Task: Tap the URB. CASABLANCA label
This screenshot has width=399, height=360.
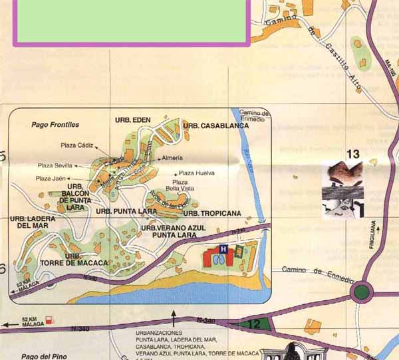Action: click(x=216, y=125)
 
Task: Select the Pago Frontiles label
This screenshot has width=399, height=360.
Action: click(x=55, y=124)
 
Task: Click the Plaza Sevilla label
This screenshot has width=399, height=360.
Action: click(x=55, y=165)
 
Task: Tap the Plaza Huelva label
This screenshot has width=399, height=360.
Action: click(x=197, y=173)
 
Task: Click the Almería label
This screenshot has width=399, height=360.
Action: click(x=172, y=159)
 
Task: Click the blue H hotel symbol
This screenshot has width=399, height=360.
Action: click(x=223, y=249)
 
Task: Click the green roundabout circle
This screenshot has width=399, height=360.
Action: click(x=362, y=291)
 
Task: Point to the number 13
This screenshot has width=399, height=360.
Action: click(x=352, y=154)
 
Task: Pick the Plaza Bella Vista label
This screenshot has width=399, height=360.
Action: click(x=180, y=185)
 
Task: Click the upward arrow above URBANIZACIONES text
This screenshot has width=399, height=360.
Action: click(x=174, y=314)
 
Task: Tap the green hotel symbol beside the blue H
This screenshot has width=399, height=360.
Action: click(x=238, y=250)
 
